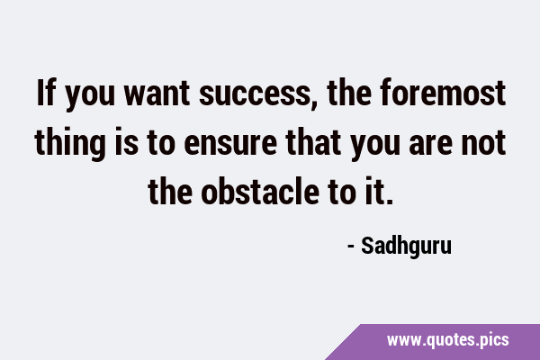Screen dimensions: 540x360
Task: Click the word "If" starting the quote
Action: tap(46, 93)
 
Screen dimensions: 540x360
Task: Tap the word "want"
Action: tap(157, 93)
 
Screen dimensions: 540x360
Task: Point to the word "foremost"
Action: tap(443, 93)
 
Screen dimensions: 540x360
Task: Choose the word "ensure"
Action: tap(230, 144)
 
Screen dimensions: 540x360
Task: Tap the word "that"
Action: tap(313, 141)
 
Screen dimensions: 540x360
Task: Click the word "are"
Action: tap(430, 144)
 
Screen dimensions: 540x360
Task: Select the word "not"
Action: tap(483, 142)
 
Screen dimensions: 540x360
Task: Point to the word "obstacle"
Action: tap(260, 191)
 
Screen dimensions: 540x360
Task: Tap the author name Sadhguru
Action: tap(406, 247)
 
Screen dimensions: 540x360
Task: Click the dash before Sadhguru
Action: tap(351, 247)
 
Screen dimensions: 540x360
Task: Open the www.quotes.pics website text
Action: tap(447, 340)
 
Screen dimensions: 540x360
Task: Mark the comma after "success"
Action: tap(313, 104)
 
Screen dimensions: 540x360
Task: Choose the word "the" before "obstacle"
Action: tap(170, 191)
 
